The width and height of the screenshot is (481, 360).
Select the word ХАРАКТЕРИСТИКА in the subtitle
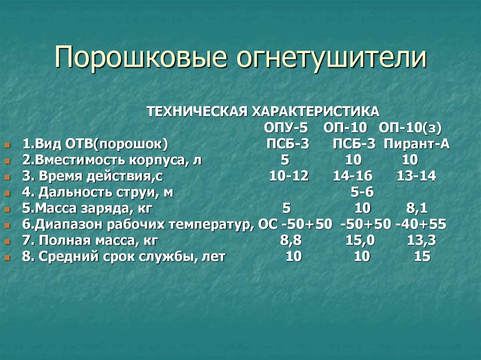click(x=315, y=111)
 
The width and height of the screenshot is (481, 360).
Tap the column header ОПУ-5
click(x=285, y=128)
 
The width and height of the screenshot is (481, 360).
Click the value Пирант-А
click(x=416, y=144)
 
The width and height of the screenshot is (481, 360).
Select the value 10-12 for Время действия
click(x=289, y=176)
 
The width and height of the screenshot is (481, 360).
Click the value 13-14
click(x=416, y=176)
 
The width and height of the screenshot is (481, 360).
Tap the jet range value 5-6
click(x=362, y=192)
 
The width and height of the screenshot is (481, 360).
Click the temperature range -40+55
click(x=421, y=224)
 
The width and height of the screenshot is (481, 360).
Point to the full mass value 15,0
click(x=360, y=241)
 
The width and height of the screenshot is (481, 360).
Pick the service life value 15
click(x=422, y=257)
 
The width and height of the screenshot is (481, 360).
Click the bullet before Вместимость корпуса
click(x=7, y=161)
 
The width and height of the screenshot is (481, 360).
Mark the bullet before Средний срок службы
click(x=7, y=258)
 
